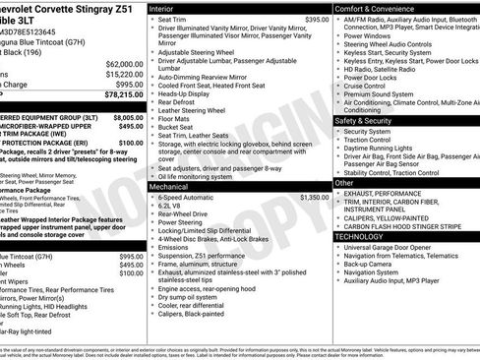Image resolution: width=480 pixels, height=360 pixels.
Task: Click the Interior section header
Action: (164, 7)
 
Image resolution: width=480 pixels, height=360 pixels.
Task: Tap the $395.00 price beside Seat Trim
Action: (316, 20)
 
